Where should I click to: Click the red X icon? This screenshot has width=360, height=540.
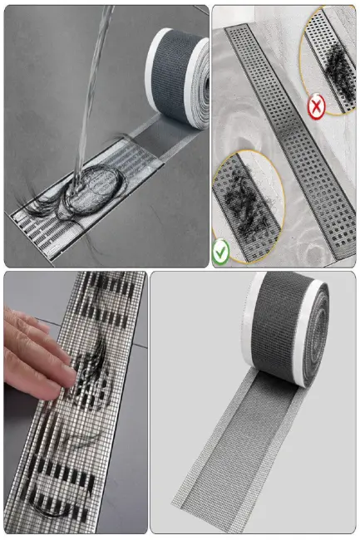[x=316, y=107]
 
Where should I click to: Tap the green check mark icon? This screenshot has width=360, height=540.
[x=221, y=253]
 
